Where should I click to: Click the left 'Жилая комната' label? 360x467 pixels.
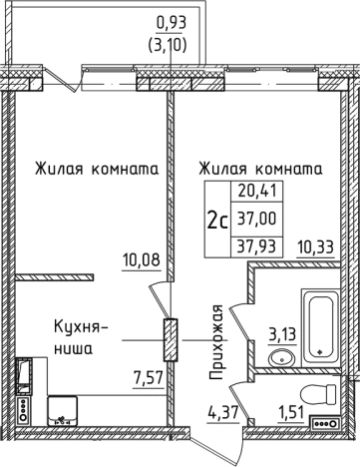[x=96, y=169]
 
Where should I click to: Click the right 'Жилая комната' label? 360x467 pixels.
[x=260, y=169]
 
